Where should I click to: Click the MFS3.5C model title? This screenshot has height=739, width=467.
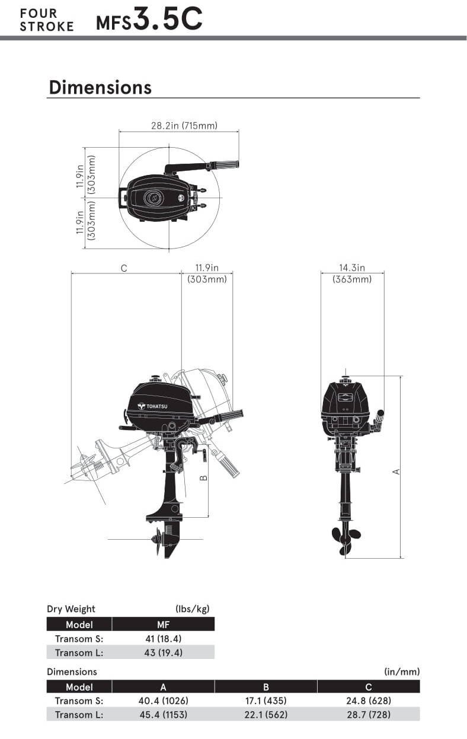pos(149,19)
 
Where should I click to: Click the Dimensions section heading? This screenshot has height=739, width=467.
pos(100,87)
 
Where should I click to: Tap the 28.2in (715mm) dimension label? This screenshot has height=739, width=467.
pos(184,125)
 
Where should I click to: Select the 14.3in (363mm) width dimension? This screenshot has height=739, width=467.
pos(352,273)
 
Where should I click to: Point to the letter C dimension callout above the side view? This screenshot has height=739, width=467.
pos(124,268)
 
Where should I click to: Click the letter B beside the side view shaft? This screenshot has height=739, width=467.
pos(204,477)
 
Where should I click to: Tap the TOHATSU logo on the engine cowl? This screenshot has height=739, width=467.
pos(152,406)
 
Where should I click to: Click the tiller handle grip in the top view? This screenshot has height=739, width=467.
pos(225,164)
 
